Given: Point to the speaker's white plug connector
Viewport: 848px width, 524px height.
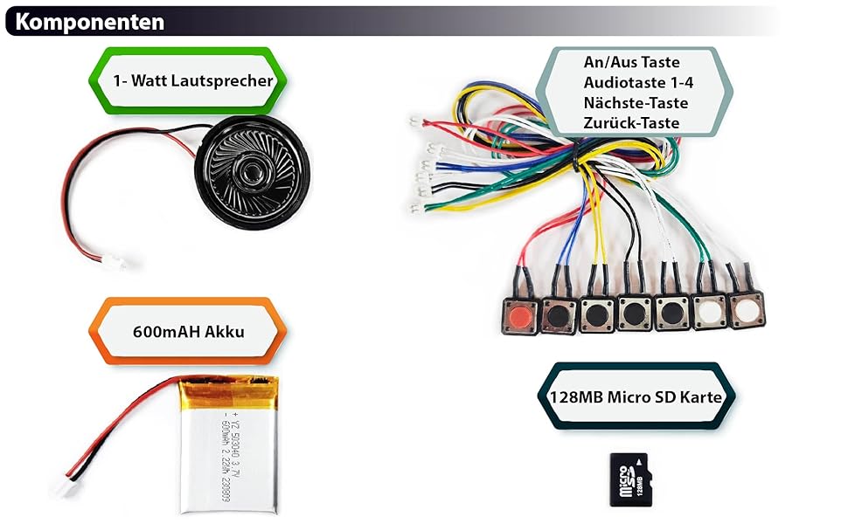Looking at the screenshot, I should click(113, 260).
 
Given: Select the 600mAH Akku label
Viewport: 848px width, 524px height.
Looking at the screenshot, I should click(189, 331).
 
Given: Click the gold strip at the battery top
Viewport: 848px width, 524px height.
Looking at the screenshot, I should click(228, 385).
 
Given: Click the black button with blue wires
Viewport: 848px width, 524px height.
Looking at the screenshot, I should click(557, 314).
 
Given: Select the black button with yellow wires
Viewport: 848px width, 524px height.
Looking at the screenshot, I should click(597, 314).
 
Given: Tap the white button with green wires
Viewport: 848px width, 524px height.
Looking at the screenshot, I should click(709, 313).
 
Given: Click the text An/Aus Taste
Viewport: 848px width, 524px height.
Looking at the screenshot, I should click(631, 62).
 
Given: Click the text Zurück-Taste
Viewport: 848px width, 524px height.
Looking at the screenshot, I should click(631, 122).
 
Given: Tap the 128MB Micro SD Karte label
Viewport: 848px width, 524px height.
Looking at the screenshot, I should click(636, 396).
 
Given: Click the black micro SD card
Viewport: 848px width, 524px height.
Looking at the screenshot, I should click(630, 479).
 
